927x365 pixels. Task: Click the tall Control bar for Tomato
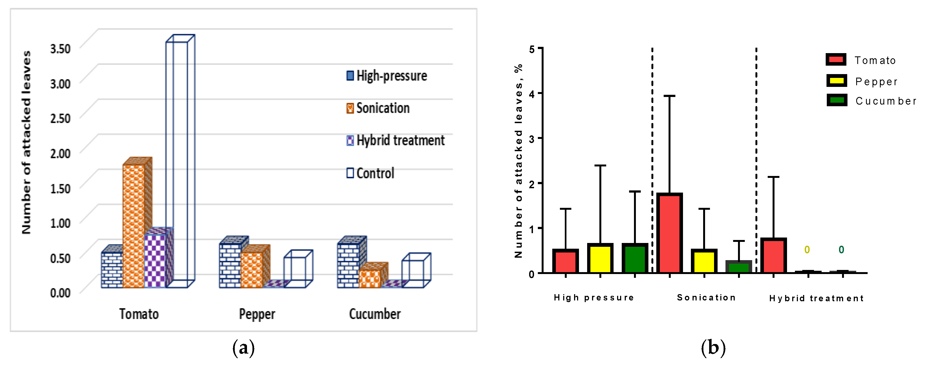pyautogui.click(x=177, y=162)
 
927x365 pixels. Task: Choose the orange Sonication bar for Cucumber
pyautogui.click(x=369, y=278)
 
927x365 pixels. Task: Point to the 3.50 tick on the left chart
pyautogui.click(x=60, y=48)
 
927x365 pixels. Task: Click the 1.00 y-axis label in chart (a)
pyautogui.click(x=60, y=223)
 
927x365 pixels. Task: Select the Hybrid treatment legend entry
pyautogui.click(x=396, y=140)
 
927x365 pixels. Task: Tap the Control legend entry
pyautogui.click(x=371, y=173)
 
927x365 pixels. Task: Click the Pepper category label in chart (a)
pyautogui.click(x=257, y=314)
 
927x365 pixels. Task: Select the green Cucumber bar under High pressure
pyautogui.click(x=635, y=258)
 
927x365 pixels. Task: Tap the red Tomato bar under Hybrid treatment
pyautogui.click(x=773, y=255)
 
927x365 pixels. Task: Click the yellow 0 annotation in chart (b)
pyautogui.click(x=807, y=250)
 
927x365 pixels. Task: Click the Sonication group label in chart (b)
pyautogui.click(x=706, y=298)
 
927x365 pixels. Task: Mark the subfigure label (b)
pyautogui.click(x=713, y=348)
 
